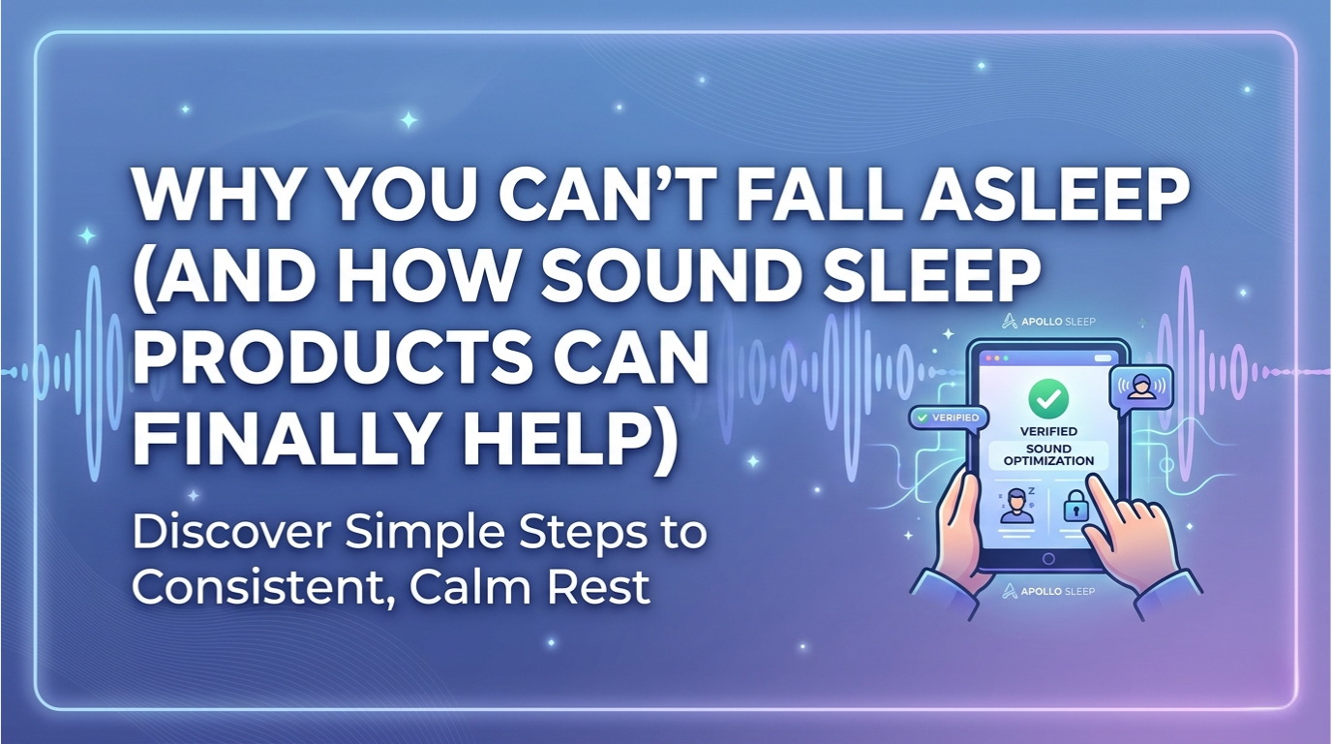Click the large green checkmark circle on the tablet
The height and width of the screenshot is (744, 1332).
tap(1047, 396)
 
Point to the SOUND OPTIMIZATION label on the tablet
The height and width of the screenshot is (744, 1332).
tap(1047, 455)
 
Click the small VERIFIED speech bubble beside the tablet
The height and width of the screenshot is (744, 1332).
tap(946, 418)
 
